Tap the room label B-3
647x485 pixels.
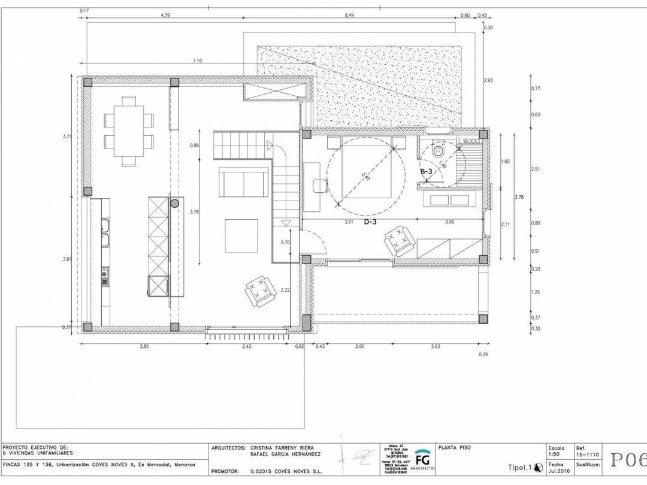[x=427, y=172]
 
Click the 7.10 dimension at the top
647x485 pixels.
[x=197, y=60]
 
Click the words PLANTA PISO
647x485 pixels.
[x=454, y=447]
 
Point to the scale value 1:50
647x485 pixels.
[x=555, y=454]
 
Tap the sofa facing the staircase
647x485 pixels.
[x=243, y=181]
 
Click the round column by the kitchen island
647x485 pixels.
[x=175, y=204]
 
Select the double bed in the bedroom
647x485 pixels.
[x=366, y=170]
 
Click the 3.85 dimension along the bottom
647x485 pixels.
[x=144, y=347]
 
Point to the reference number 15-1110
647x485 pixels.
[x=587, y=454]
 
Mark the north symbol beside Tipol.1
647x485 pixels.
[x=537, y=468]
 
